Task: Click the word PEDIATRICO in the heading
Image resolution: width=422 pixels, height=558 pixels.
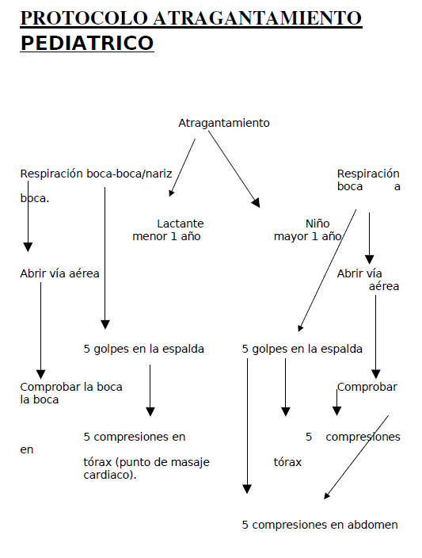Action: (87, 43)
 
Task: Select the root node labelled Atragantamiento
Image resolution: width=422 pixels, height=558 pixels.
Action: (224, 123)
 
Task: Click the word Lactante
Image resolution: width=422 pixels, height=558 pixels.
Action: (180, 224)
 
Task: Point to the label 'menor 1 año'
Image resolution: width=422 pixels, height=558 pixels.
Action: (166, 236)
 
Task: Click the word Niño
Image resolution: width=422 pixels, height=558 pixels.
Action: (317, 224)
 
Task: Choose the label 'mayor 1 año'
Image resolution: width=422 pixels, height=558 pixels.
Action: (308, 236)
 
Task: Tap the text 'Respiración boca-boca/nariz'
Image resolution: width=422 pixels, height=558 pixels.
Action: (96, 174)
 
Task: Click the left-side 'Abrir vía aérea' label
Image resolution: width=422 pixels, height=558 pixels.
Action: (59, 273)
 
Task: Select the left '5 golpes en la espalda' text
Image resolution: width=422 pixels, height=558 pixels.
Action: (144, 348)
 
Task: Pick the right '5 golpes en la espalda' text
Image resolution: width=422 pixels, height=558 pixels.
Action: (302, 348)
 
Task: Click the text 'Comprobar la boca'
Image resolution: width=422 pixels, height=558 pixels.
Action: (71, 387)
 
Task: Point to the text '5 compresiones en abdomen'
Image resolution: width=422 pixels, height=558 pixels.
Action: (320, 524)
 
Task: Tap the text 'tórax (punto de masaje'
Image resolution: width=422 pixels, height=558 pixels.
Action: (146, 462)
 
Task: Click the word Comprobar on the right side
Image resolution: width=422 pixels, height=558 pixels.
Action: (367, 387)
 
